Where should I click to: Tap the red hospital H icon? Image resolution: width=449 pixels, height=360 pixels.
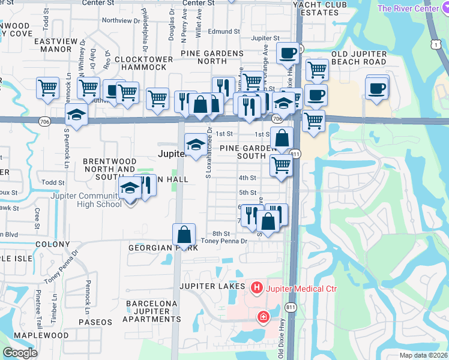[257, 289]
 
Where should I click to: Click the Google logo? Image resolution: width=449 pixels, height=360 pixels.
[20, 353]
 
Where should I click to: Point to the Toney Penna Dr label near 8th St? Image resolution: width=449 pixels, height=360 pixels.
[224, 241]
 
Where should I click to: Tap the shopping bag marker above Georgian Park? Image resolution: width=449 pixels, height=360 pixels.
[184, 234]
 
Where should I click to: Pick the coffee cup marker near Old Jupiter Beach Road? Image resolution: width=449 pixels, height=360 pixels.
[376, 88]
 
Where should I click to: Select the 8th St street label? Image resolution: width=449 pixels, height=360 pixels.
[221, 233]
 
